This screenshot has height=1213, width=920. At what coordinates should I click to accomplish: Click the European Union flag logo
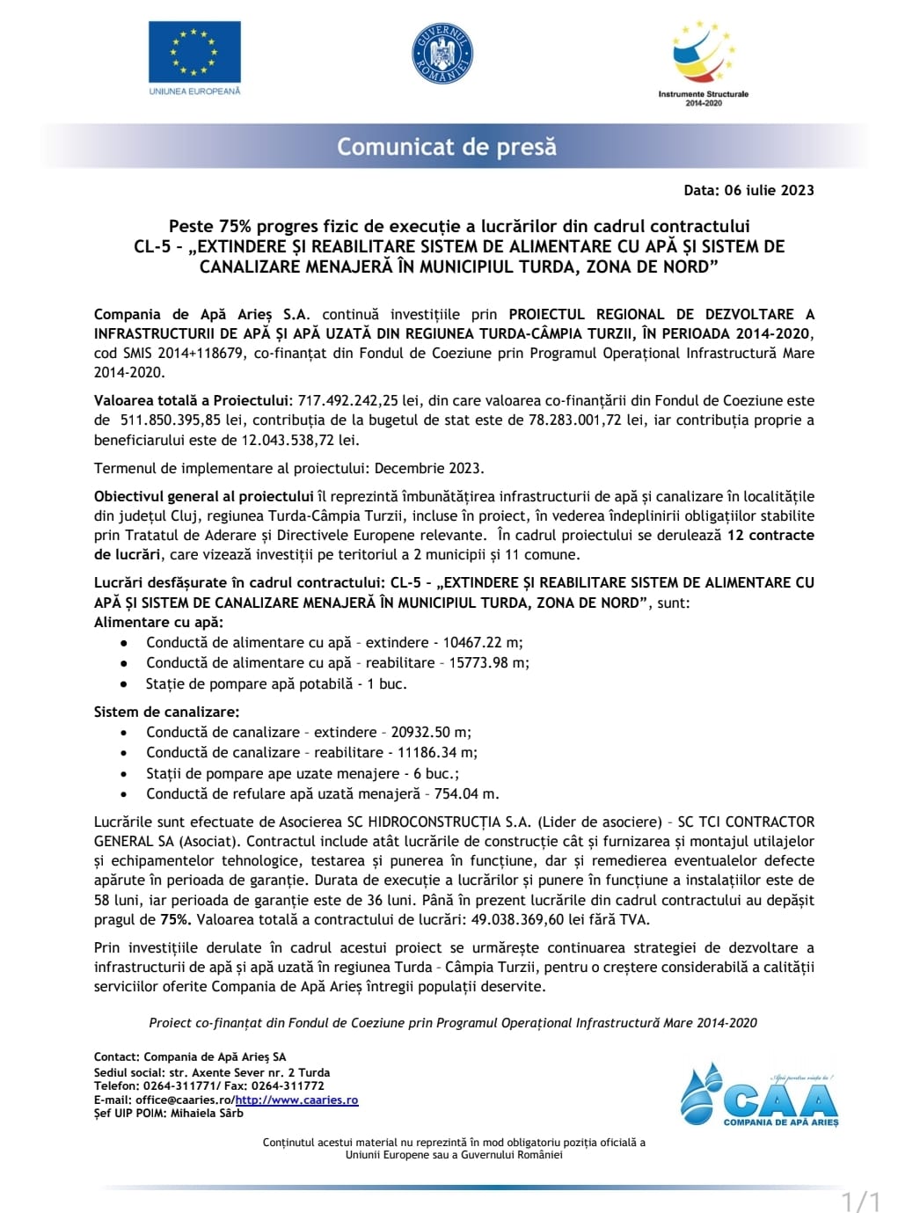(x=194, y=53)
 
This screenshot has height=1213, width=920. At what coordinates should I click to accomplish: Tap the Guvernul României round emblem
(x=443, y=54)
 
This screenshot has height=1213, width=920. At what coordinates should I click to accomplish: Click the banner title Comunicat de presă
(x=447, y=146)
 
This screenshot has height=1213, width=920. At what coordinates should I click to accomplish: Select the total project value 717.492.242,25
(x=349, y=400)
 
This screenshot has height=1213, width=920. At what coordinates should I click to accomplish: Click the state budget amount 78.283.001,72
(x=575, y=420)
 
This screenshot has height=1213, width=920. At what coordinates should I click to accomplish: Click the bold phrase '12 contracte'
(x=770, y=535)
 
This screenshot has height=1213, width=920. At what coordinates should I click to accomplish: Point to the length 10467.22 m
(x=482, y=642)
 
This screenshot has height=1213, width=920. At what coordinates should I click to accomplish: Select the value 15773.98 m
(x=489, y=662)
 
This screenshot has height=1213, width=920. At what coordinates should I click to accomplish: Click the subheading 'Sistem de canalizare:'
(x=166, y=712)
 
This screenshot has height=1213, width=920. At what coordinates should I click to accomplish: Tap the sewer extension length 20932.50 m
(x=430, y=732)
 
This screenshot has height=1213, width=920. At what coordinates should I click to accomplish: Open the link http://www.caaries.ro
(x=296, y=1100)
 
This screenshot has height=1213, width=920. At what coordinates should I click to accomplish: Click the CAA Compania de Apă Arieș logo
(x=759, y=1096)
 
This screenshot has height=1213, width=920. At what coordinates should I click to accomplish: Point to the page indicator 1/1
(x=860, y=1201)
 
